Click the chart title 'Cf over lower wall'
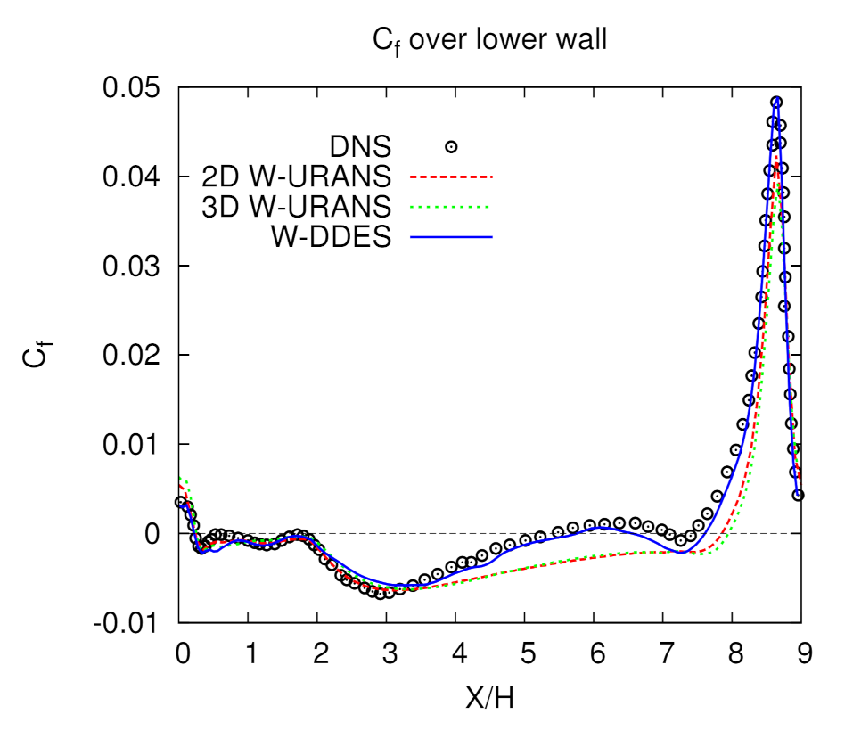488,41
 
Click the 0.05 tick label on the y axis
135,88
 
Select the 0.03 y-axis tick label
135,267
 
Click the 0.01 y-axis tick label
135,444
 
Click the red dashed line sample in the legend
452,177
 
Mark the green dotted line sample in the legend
452,207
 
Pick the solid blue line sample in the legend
452,237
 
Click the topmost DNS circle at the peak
776,103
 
